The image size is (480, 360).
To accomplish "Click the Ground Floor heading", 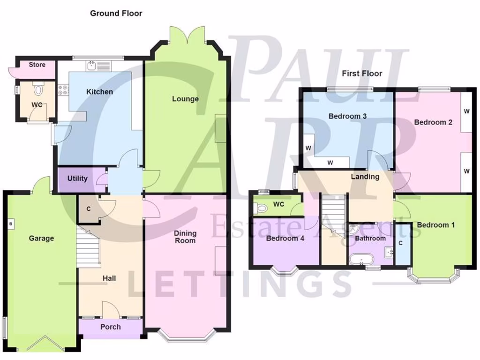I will click(116, 13).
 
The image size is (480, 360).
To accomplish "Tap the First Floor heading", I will click(361, 73).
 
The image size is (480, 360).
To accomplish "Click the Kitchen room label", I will click(99, 92).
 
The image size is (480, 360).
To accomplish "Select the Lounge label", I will click(185, 99).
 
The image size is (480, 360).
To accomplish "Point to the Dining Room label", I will click(185, 237).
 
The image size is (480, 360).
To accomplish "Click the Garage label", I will click(41, 238).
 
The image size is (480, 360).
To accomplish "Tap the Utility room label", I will click(77, 179).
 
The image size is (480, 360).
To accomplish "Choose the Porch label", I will click(111, 327).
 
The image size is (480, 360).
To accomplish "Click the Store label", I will click(37, 64).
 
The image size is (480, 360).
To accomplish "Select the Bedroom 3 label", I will click(347, 116).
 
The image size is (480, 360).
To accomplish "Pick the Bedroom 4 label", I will click(285, 238).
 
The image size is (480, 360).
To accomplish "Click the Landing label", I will click(365, 177).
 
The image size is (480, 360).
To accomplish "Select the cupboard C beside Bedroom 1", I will click(400, 244).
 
